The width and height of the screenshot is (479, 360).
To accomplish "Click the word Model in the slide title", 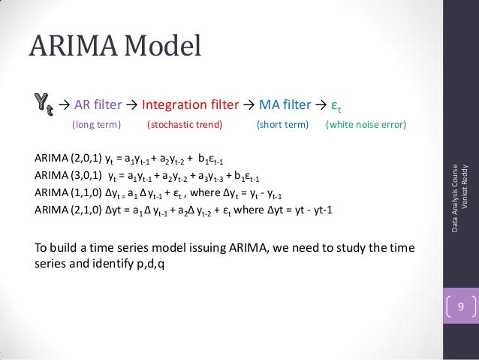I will pyautogui.click(x=161, y=49).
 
